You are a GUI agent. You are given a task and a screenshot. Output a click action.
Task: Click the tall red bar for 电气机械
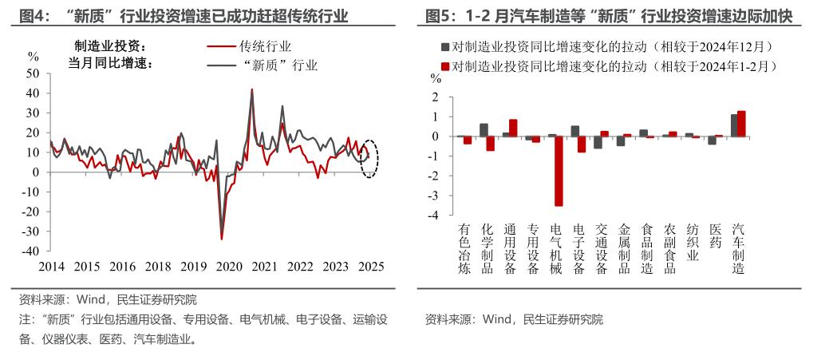559,171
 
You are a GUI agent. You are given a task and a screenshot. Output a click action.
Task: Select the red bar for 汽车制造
741,124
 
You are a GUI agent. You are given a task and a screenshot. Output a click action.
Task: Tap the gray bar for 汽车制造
733,125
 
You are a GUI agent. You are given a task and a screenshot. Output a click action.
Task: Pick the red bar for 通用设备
513,128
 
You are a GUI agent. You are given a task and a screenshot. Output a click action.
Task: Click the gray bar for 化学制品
484,130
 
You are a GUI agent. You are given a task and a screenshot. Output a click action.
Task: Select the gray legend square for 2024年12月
445,47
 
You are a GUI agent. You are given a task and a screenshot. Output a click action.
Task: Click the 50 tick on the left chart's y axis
33,73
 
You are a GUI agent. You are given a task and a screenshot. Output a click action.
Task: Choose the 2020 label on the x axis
228,266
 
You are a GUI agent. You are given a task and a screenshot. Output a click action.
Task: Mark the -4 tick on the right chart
434,215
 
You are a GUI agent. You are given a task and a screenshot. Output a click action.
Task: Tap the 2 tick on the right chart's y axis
436,97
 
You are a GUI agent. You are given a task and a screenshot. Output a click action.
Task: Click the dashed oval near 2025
369,156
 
